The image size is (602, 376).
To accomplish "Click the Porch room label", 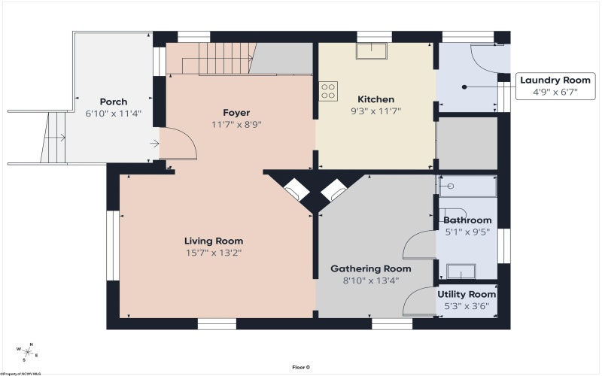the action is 114,102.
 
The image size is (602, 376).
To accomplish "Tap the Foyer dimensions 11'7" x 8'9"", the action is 236,125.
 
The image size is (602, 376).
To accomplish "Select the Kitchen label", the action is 375,99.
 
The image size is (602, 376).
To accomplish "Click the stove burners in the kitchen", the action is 328,91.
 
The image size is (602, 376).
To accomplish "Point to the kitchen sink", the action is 371,51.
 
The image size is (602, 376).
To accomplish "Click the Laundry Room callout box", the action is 555,86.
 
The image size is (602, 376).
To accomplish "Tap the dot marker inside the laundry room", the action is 464,87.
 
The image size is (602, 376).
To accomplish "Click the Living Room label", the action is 214,241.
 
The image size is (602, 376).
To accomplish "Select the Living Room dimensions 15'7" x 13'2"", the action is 214,253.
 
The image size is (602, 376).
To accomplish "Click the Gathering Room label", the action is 371,268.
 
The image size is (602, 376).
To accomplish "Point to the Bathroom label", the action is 467,220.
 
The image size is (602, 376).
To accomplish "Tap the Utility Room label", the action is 467,294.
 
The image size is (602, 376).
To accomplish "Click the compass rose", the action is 28,351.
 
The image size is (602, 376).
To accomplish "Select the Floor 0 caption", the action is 300,367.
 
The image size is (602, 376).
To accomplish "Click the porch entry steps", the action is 53,138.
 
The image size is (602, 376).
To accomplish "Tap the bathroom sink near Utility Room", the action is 461,271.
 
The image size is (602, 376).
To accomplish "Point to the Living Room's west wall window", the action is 113,246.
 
